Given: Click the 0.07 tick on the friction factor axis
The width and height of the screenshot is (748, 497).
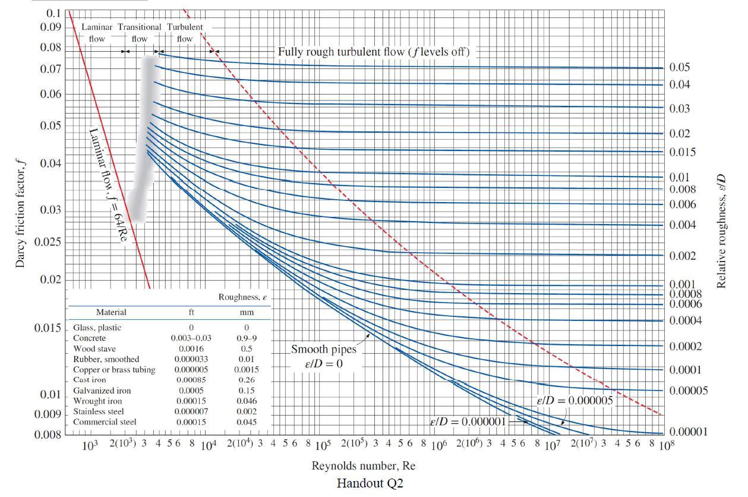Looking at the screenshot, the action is (51, 69).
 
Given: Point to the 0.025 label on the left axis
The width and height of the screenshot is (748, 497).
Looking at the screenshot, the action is (48, 242).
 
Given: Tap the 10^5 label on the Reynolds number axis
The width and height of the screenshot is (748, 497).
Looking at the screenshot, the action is (323, 445).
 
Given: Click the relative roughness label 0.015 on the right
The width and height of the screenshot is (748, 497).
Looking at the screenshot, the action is (683, 152).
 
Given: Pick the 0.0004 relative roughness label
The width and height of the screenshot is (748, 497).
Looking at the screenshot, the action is (686, 321).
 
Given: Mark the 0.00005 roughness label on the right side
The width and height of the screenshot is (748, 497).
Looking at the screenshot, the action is (689, 391).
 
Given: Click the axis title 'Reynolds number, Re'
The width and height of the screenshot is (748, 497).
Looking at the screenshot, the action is (364, 466).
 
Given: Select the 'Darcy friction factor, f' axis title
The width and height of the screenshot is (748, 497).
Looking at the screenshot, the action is (20, 215).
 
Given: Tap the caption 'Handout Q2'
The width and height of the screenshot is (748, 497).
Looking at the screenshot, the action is (370, 483).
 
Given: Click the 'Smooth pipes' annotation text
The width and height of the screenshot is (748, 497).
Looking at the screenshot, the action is (323, 350).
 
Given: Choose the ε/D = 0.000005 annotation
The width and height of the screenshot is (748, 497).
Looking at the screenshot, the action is (575, 401).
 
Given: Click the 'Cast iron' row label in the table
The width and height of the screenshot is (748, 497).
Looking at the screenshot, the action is (90, 380).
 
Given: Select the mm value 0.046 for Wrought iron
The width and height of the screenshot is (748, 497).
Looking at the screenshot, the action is (247, 401).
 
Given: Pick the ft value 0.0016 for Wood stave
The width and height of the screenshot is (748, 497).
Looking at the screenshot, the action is (191, 348).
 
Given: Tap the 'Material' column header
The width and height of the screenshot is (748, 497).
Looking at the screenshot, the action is (111, 312).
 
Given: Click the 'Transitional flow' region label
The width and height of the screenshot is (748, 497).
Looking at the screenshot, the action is (139, 33).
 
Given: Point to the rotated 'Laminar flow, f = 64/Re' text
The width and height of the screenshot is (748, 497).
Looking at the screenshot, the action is (108, 185).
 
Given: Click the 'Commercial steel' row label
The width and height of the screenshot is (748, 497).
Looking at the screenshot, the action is (105, 422).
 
